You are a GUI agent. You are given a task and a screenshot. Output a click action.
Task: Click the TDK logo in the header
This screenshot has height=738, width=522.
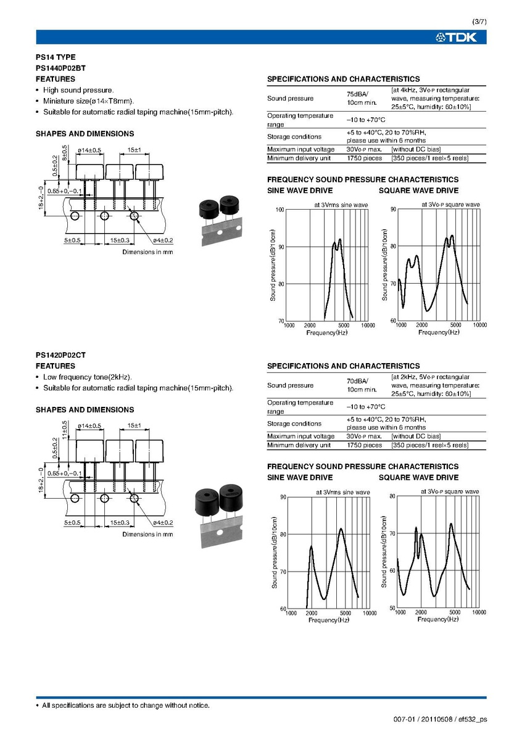(x=457, y=38)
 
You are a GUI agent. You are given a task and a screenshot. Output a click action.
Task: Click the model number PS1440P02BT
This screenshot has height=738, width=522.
(x=60, y=68)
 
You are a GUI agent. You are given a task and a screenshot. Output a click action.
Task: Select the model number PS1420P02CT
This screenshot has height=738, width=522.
(x=60, y=355)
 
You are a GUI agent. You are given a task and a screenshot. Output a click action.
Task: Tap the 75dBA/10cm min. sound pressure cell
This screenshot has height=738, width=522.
(x=362, y=98)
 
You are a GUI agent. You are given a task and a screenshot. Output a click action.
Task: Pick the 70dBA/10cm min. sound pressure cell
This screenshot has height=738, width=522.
(x=362, y=385)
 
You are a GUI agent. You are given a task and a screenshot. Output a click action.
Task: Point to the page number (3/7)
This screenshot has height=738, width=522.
(x=479, y=22)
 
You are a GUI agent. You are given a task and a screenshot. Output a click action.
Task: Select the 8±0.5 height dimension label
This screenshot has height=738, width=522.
(x=65, y=152)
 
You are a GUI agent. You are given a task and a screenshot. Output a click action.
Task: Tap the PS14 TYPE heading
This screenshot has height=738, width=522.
(x=56, y=57)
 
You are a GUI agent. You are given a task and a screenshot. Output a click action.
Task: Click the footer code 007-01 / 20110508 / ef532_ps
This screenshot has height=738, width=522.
(x=440, y=719)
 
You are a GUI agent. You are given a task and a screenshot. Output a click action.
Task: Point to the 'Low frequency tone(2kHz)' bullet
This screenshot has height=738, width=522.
(x=88, y=377)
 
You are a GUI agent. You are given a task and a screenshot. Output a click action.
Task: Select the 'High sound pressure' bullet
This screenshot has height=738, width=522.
(x=78, y=90)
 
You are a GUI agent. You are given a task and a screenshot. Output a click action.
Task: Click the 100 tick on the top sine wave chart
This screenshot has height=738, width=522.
(x=280, y=210)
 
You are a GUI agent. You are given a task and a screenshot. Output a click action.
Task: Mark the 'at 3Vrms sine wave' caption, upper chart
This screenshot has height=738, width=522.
(x=341, y=204)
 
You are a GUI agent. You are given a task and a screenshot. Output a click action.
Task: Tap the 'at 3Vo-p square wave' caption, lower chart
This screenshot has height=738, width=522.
(x=450, y=491)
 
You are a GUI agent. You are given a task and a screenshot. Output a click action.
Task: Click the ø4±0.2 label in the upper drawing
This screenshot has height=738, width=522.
(x=160, y=240)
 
